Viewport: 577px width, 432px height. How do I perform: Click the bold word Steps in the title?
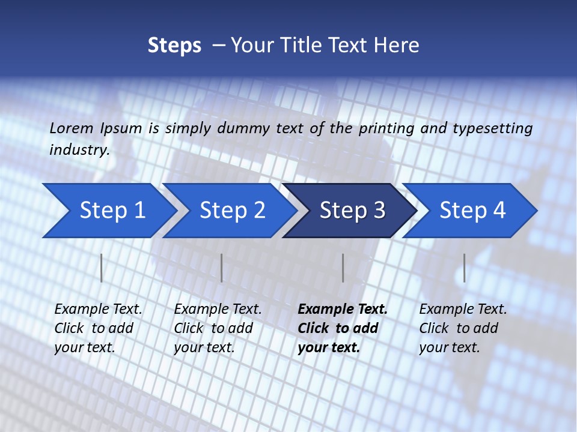pos(174,45)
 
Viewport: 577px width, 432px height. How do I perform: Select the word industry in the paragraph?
pos(79,149)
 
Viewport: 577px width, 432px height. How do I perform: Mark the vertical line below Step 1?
pos(102,268)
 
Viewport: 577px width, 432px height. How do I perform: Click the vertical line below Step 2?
pos(222,268)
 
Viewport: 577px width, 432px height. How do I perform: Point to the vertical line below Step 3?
pos(343,268)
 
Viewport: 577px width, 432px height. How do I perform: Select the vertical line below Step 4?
pos(465,268)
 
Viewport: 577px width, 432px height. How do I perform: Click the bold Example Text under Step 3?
pos(343,309)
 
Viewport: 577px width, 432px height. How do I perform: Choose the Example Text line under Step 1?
pos(98,309)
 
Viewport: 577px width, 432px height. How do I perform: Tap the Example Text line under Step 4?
pos(463,309)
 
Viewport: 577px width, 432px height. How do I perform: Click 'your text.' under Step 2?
pos(204,347)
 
